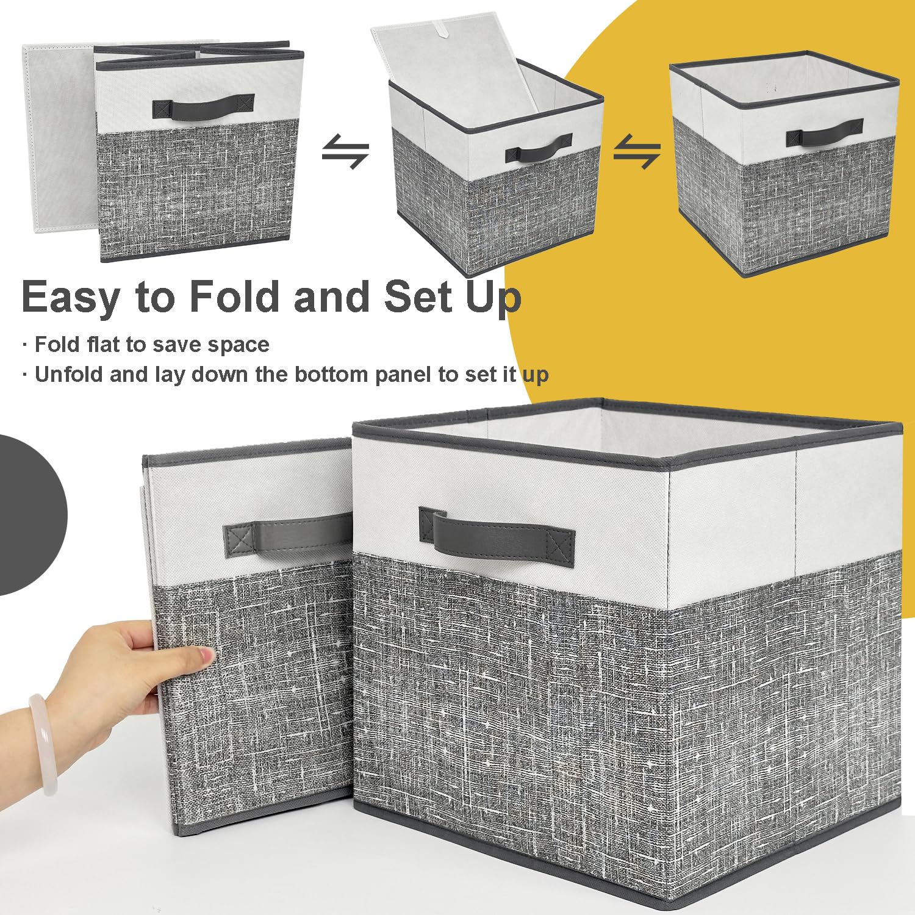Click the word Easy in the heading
click(x=71, y=297)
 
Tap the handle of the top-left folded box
click(x=203, y=107)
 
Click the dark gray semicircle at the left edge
click(x=30, y=514)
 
